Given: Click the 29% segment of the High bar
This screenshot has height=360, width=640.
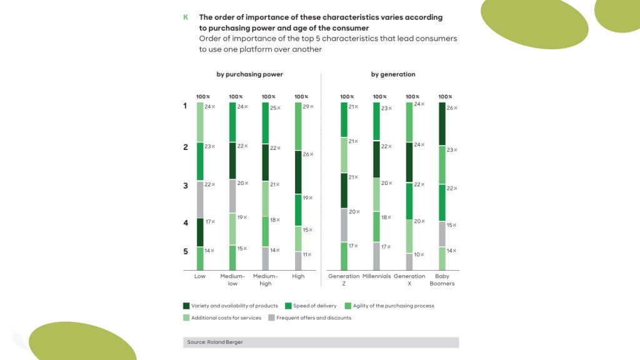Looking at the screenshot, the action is [298, 126].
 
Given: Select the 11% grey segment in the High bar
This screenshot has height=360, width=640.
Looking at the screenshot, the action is [298, 261].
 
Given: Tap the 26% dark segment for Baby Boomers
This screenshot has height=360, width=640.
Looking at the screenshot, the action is [442, 124].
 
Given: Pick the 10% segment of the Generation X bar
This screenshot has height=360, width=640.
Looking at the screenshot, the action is [409, 262].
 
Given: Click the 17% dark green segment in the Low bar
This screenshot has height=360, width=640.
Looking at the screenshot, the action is [200, 232].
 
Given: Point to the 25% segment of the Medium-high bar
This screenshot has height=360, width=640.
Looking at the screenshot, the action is [265, 123].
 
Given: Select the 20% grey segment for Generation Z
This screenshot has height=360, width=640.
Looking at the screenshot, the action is [344, 225].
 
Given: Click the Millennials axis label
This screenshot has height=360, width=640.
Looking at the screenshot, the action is [376, 276].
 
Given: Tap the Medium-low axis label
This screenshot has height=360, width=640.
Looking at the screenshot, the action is [232, 279].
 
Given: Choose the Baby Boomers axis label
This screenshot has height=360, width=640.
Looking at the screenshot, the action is [442, 279].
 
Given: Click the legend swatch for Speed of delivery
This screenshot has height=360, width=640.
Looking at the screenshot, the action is [288, 306].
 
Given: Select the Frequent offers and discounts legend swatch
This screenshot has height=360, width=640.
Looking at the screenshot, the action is [271, 317].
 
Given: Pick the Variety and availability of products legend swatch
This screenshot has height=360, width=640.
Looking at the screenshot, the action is [186, 306].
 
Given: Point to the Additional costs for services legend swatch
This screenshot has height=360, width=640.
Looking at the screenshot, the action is [186, 317].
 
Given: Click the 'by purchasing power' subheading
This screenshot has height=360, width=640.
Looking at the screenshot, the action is [249, 74].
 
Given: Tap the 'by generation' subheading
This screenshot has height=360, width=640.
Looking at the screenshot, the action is [393, 74].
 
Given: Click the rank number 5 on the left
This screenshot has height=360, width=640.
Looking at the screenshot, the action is [186, 251].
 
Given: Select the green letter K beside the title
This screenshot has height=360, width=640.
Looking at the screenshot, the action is [186, 17].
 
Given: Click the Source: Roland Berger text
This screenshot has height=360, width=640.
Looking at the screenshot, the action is [215, 342].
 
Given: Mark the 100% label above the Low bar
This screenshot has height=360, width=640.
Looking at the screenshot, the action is [203, 97].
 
